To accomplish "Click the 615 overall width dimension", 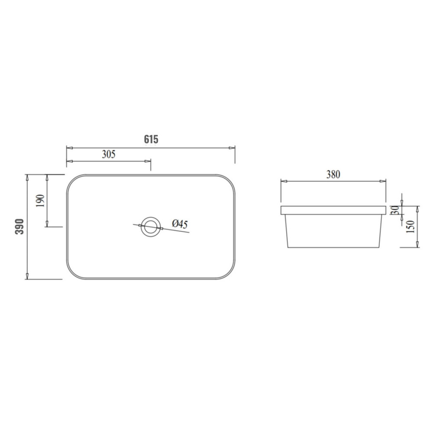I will point(151,139).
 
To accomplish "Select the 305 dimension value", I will point(108,154).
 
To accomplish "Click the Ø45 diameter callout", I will point(180,224).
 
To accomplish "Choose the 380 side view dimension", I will point(333,174).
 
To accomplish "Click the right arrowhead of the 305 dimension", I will point(148,162).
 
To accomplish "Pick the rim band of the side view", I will point(333,210).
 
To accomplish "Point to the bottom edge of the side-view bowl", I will point(333,247).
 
